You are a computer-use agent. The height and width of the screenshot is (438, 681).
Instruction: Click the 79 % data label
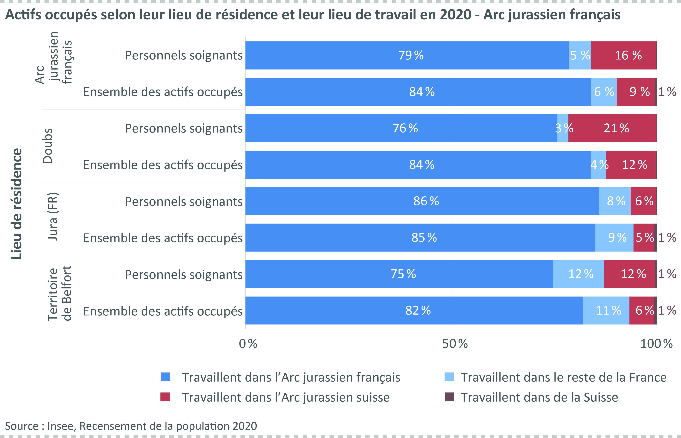[411, 55]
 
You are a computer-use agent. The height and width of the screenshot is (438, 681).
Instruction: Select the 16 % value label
[628, 55]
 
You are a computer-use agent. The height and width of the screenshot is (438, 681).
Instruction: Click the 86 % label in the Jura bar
[426, 201]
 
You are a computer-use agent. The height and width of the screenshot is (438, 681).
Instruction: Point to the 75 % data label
[403, 274]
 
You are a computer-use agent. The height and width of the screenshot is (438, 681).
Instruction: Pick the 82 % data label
[418, 311]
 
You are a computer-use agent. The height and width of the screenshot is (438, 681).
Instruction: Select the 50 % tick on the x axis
[455, 344]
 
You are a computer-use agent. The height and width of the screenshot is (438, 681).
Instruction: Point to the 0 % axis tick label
[248, 344]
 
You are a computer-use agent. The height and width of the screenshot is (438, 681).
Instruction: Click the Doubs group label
[48, 146]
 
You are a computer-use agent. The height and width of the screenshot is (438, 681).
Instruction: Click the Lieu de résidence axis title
[16, 204]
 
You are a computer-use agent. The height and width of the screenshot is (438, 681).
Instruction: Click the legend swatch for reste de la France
[449, 377]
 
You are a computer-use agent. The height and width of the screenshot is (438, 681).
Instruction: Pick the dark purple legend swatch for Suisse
[449, 397]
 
